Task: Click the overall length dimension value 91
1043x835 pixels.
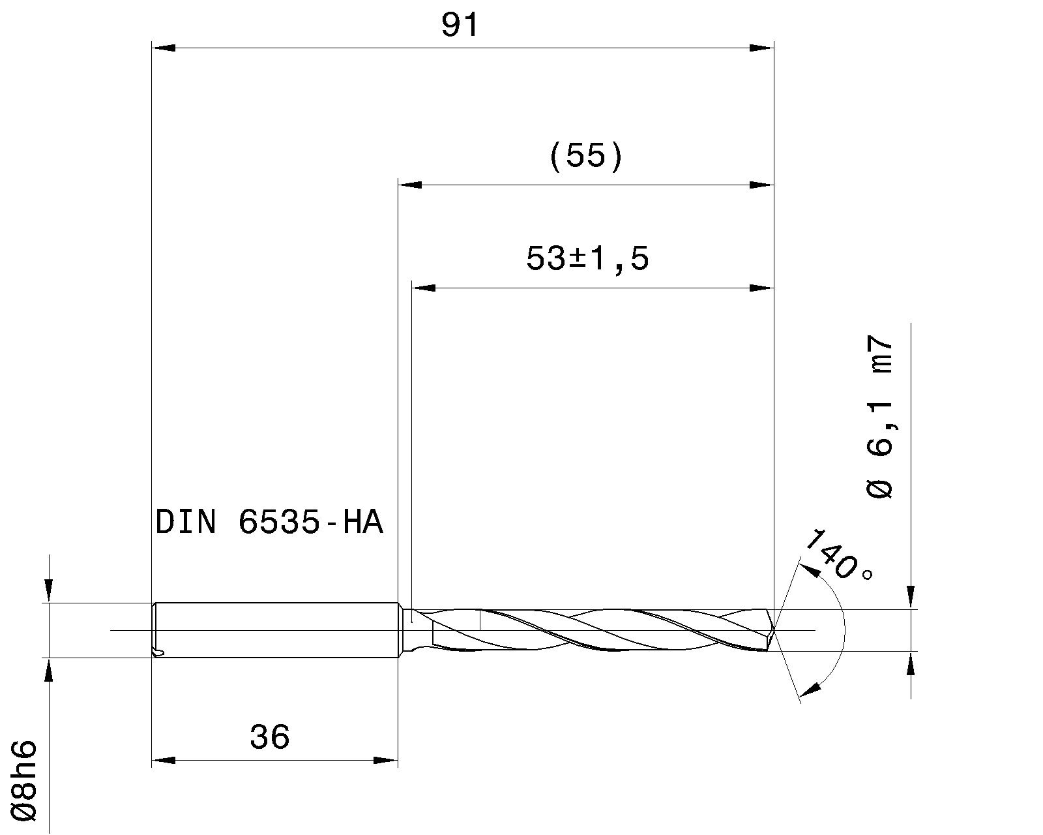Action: pyautogui.click(x=460, y=26)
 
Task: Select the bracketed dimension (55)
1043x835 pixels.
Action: pyautogui.click(x=586, y=157)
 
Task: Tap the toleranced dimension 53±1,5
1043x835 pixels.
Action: pyautogui.click(x=587, y=260)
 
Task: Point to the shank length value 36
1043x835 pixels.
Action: pyautogui.click(x=269, y=737)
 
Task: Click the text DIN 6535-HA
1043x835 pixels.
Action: pyautogui.click(x=269, y=523)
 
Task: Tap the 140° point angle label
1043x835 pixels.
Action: pyautogui.click(x=838, y=556)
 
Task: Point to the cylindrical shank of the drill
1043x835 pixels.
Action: pyautogui.click(x=274, y=630)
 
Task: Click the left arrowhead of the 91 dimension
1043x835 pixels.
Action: pyautogui.click(x=163, y=48)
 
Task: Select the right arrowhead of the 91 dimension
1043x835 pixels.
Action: pyautogui.click(x=761, y=48)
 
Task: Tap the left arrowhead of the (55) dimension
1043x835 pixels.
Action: pyautogui.click(x=410, y=185)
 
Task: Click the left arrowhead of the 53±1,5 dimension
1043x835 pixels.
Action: pyautogui.click(x=424, y=287)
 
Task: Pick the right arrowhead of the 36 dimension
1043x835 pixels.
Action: pyautogui.click(x=385, y=760)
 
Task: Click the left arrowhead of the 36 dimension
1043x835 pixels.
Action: pyautogui.click(x=163, y=760)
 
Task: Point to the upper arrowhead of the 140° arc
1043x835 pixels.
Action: pyautogui.click(x=811, y=571)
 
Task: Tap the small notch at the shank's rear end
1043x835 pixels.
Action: pyautogui.click(x=157, y=651)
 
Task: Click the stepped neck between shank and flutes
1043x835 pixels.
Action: pyautogui.click(x=407, y=630)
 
